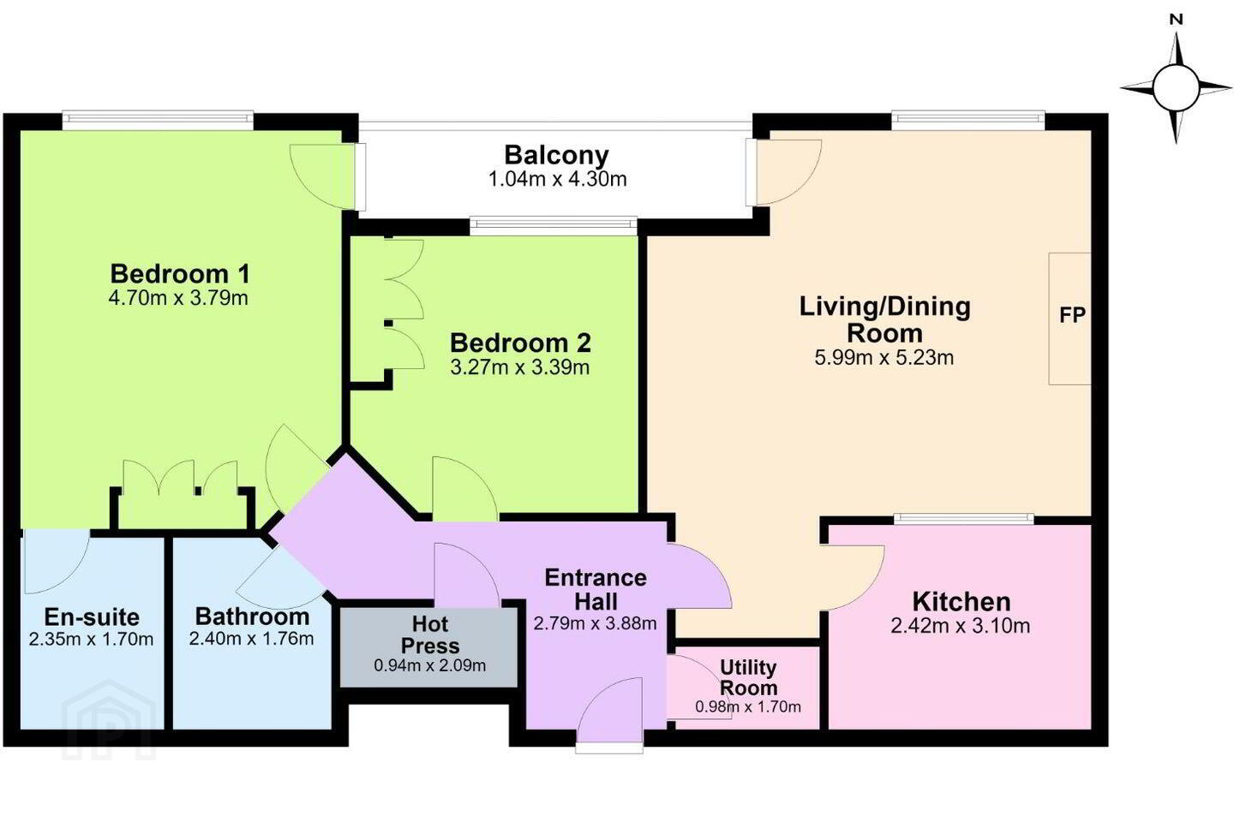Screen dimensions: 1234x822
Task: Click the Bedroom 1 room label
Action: (x=180, y=274)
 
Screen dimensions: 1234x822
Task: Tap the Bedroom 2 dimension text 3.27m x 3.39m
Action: (x=520, y=367)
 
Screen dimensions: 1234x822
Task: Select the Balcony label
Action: (x=556, y=155)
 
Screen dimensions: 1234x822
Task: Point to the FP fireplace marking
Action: (x=1072, y=315)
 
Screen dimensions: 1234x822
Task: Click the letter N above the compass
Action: (x=1176, y=20)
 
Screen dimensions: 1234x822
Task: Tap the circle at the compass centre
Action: (x=1176, y=88)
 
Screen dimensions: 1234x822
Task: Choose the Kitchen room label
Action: (x=961, y=602)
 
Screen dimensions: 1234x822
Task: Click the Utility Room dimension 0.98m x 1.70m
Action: (x=747, y=706)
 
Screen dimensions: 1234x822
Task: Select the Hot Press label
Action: (x=429, y=634)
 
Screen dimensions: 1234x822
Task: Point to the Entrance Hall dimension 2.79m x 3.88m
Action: (x=595, y=623)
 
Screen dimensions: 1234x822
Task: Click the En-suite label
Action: (x=92, y=617)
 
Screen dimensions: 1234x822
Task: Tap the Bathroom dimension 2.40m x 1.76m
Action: (x=251, y=639)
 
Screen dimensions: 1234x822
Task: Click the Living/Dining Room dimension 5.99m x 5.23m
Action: (x=884, y=358)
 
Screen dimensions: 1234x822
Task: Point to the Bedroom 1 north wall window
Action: (x=158, y=121)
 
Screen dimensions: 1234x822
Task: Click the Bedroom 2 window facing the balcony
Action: (x=554, y=226)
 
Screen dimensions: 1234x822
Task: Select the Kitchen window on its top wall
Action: (x=963, y=517)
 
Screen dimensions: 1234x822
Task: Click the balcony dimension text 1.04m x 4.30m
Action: (x=558, y=180)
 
